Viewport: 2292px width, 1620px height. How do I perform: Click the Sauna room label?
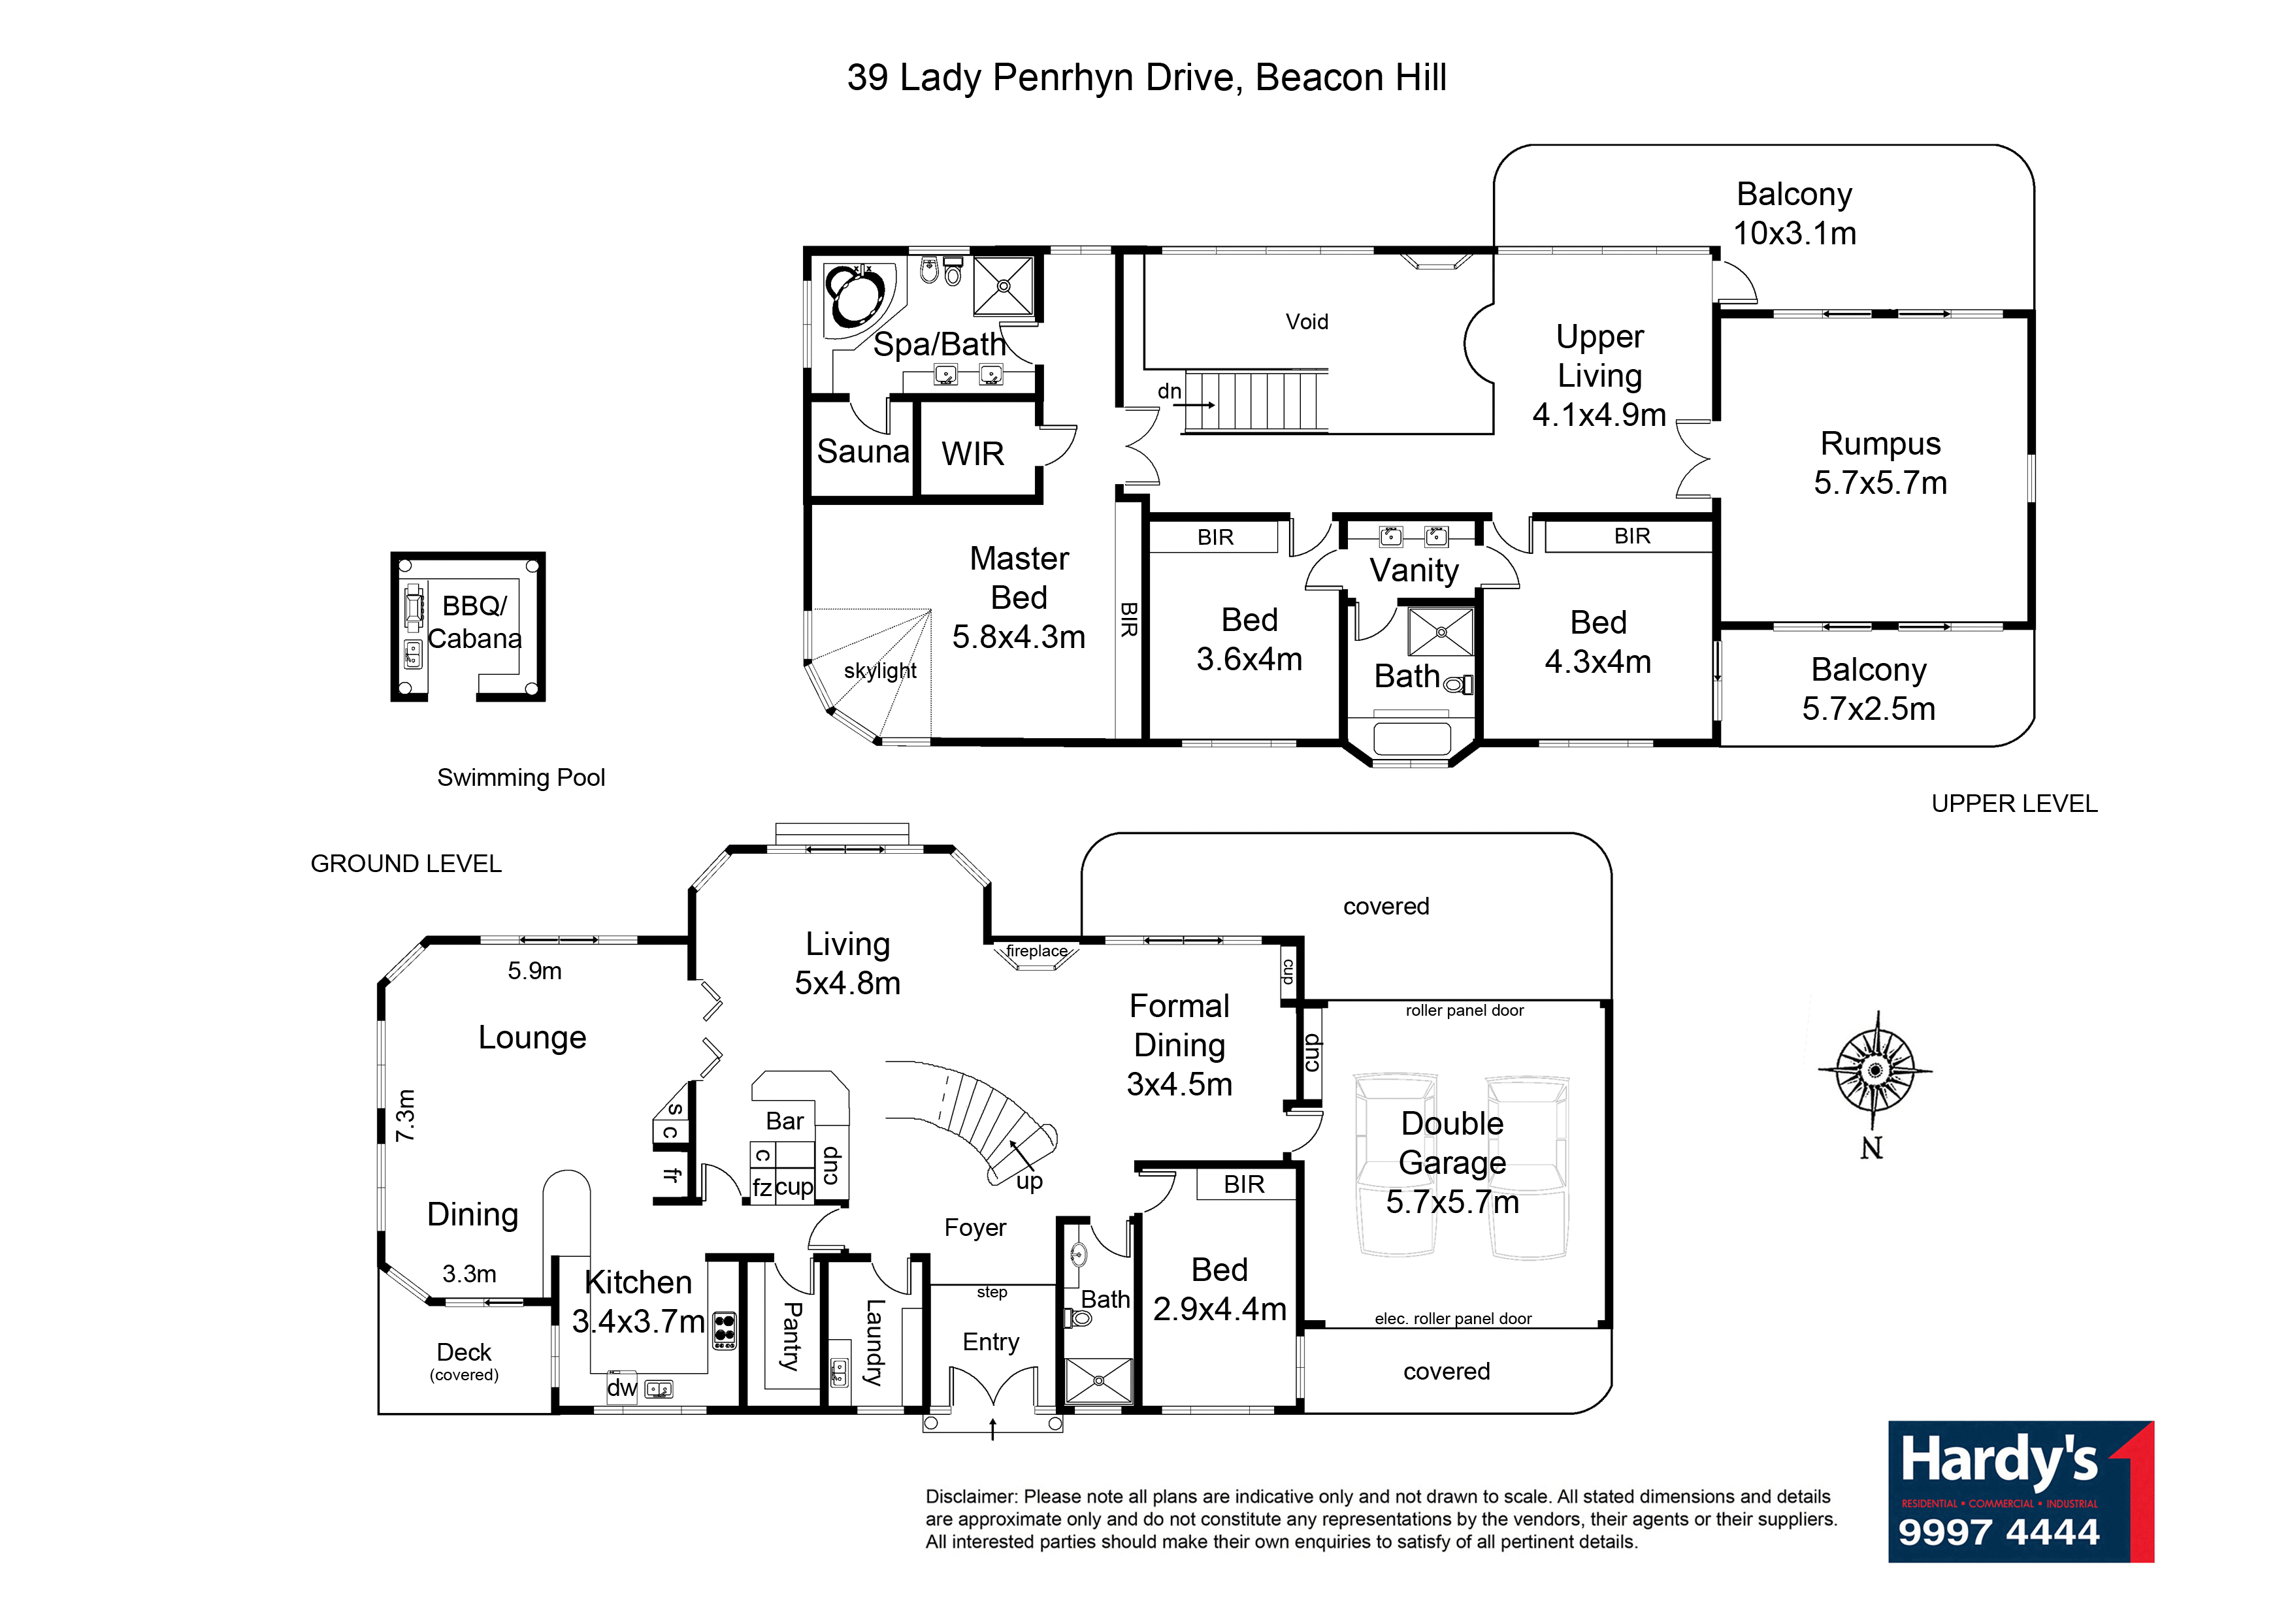pos(862,452)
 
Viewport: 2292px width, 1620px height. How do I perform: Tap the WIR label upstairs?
pos(972,454)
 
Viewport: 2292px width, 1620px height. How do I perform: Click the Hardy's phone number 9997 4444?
pos(1999,1532)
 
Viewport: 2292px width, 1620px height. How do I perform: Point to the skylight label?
pos(879,671)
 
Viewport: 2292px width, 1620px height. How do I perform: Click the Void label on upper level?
pos(1307,321)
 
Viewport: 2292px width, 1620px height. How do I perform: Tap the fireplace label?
pos(1036,951)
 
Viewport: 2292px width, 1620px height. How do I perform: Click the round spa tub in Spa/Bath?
pos(855,295)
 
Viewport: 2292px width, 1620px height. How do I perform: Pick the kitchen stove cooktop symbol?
pos(725,1331)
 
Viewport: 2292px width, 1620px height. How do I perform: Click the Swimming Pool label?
pos(521,777)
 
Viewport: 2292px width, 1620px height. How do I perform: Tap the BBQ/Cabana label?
pos(475,622)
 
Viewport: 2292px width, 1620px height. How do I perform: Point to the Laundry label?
pos(874,1342)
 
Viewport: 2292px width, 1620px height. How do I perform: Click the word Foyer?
pos(975,1227)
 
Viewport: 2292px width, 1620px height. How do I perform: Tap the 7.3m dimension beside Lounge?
pos(404,1115)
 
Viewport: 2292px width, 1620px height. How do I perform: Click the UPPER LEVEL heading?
pos(2014,803)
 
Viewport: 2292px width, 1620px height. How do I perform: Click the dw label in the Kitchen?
pos(622,1387)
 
